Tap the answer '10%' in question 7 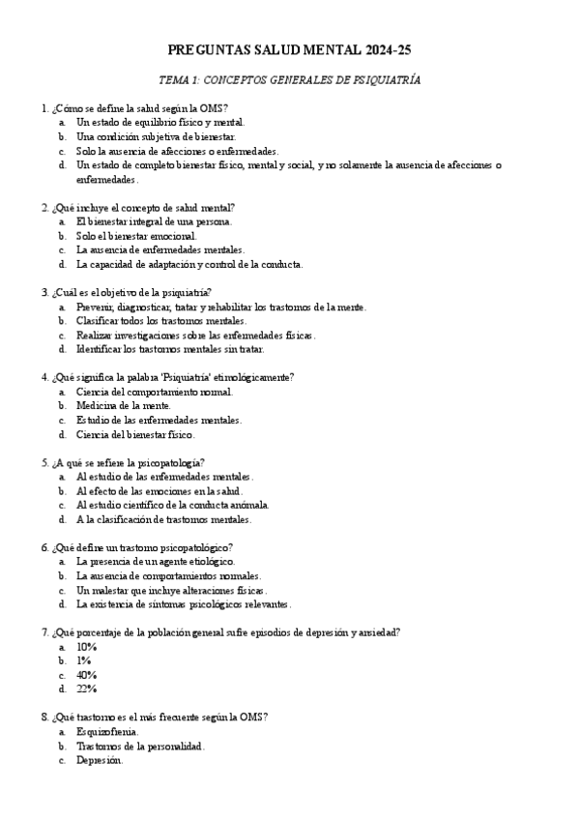click(x=86, y=647)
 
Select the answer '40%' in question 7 click(x=86, y=675)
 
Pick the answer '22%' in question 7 click(x=86, y=688)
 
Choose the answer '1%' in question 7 click(x=84, y=660)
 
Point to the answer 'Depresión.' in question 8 click(x=100, y=760)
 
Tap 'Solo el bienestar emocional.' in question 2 click(x=136, y=235)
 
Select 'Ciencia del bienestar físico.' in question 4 click(x=135, y=434)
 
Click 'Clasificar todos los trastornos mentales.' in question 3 click(x=160, y=320)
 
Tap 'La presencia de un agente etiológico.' click(x=155, y=561)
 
